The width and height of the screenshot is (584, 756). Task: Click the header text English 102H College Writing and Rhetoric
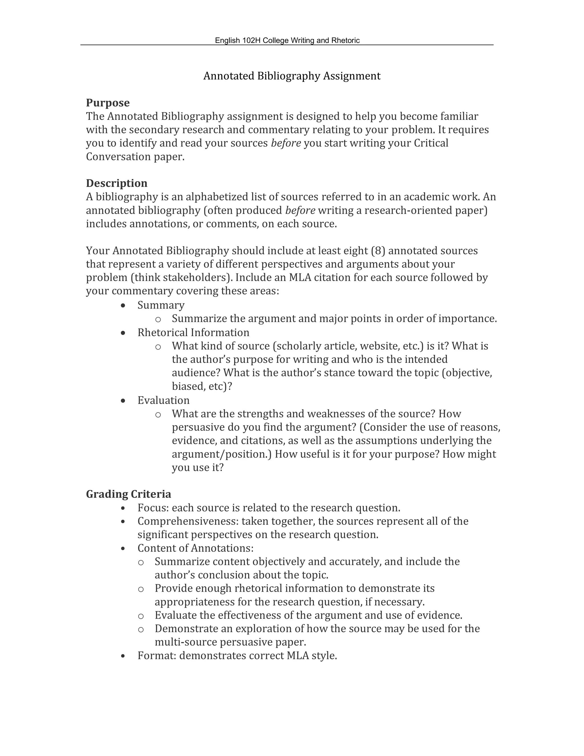(x=287, y=41)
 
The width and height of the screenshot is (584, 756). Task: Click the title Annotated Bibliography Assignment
(x=292, y=76)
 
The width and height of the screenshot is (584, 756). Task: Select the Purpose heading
(x=108, y=103)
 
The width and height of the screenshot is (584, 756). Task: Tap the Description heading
(x=117, y=183)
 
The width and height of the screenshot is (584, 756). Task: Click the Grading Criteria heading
(x=128, y=494)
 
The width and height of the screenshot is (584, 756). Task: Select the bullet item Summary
(x=161, y=305)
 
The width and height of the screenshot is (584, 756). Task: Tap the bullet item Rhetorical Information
(x=193, y=333)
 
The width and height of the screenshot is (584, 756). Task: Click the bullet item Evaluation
(x=163, y=401)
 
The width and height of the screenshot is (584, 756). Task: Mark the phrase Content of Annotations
(x=195, y=548)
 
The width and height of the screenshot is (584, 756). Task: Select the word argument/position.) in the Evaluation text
(x=222, y=454)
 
